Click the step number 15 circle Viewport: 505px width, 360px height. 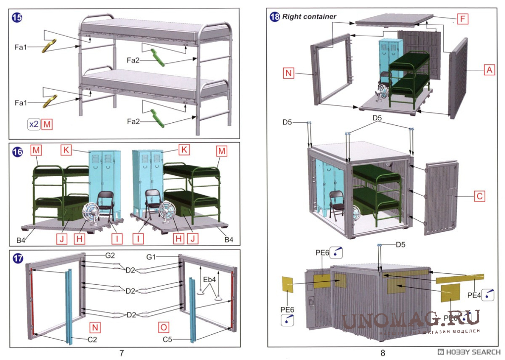[x=17, y=18]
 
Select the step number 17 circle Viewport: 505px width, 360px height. [x=17, y=258]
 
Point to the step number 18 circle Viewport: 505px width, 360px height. [x=275, y=17]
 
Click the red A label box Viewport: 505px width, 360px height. [x=489, y=70]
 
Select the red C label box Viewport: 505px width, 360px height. [x=479, y=197]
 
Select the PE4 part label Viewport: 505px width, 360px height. [x=475, y=296]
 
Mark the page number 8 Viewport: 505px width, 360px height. [x=382, y=353]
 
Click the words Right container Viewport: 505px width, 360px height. [x=309, y=17]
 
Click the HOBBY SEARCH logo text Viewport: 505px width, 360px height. [x=470, y=352]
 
